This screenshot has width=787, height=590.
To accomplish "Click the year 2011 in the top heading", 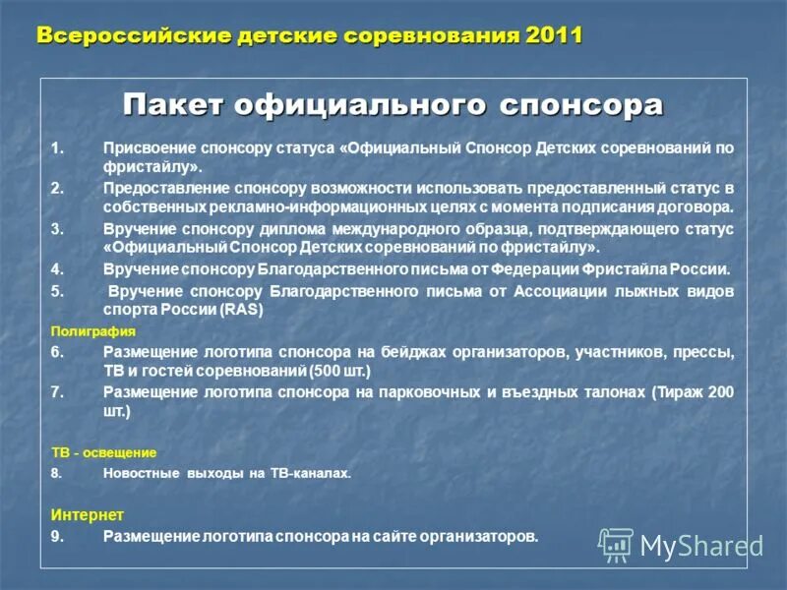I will [x=554, y=35].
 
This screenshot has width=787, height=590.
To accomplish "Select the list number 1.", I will [x=57, y=148].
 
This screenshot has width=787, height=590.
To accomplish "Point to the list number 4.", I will [x=57, y=268].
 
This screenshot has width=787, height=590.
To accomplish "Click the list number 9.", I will [x=57, y=536].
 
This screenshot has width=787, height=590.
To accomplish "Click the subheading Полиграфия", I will [x=92, y=331].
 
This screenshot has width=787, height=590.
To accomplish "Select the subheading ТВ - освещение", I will [x=103, y=452].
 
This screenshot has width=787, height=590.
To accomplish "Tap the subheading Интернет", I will [x=88, y=514].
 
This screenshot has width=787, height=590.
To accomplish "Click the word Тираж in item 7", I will [x=679, y=391].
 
